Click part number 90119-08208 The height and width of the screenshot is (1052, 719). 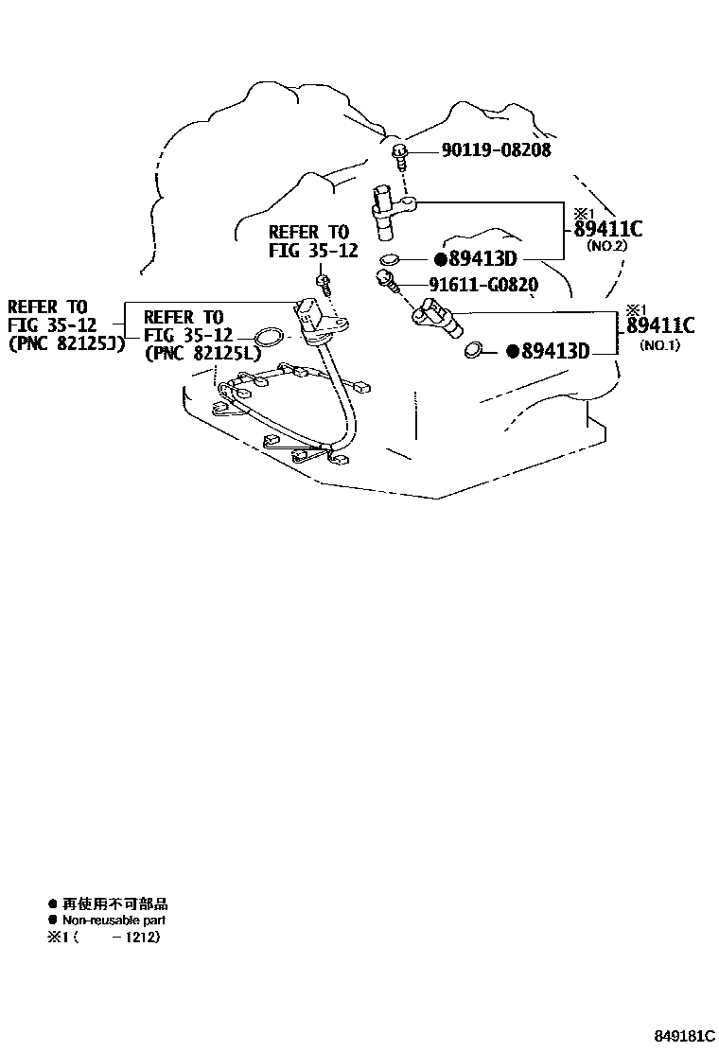coord(496,149)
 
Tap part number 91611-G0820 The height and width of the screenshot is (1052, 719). coord(482,285)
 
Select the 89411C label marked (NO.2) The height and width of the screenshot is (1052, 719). coord(607,229)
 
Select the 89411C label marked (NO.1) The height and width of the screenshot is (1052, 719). coord(660,325)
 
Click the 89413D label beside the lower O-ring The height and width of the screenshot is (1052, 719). coord(548,350)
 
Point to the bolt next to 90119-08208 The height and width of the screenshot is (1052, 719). coord(400,156)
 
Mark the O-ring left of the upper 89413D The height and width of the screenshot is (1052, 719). coord(389,259)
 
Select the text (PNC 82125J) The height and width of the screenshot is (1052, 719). coord(65,345)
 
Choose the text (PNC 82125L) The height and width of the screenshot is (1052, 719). coord(202,353)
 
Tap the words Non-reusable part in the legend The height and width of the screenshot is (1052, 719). coord(114,920)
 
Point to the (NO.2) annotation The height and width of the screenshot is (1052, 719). coord(606,246)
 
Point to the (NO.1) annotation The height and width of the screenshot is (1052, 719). coord(659,345)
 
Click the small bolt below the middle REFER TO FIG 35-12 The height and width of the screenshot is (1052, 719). coord(324,283)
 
